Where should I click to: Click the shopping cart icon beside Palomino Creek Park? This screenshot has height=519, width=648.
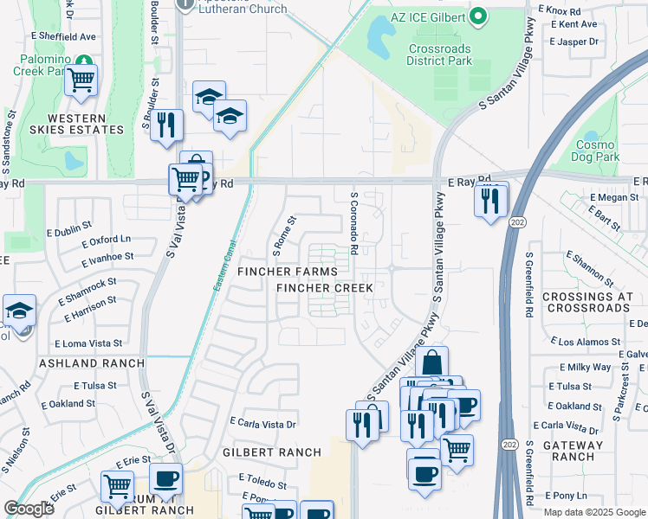click(x=81, y=80)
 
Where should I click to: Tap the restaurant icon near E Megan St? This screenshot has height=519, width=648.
click(x=491, y=201)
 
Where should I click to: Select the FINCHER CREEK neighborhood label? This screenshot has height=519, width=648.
click(x=324, y=288)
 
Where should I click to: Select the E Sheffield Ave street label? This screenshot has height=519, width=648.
click(x=63, y=37)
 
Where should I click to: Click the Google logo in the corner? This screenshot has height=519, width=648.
click(x=29, y=508)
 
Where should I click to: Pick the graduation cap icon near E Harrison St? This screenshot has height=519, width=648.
click(x=18, y=312)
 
